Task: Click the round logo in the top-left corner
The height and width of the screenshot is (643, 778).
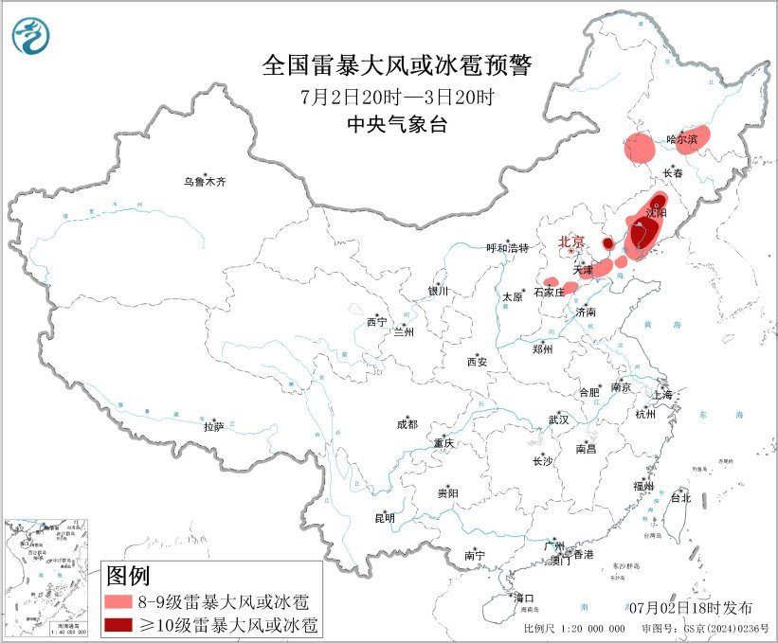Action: tap(31, 36)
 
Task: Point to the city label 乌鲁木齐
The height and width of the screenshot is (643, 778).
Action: tap(206, 181)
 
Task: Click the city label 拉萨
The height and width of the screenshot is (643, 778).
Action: tap(213, 427)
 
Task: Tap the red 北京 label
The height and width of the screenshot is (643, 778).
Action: tap(573, 241)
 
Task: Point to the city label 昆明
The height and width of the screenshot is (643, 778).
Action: tap(385, 518)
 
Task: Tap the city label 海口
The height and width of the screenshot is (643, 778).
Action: tap(524, 598)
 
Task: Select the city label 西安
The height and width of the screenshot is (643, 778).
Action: tap(477, 362)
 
